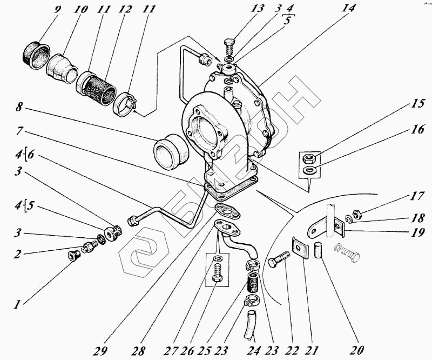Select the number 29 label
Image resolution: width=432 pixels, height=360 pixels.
pos(100,350)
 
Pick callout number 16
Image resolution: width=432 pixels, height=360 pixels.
pos(417,129)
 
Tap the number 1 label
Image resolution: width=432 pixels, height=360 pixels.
pos(17,304)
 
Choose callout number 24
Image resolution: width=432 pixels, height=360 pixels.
pos(253,350)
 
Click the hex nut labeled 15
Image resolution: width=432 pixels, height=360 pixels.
pos(308,158)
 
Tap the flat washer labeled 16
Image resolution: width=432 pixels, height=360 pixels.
pos(309,170)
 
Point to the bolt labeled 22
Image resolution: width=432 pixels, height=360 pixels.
pos(278,259)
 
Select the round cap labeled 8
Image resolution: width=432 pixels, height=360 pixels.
pos(170,151)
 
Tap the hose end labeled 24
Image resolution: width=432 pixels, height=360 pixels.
pos(249,324)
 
